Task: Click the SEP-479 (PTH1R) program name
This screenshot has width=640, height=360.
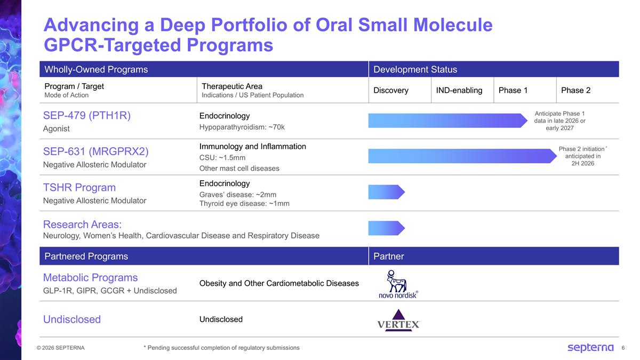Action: [87, 116]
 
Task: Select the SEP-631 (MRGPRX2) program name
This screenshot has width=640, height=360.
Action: [96, 151]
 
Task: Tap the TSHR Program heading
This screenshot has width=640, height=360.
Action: [79, 187]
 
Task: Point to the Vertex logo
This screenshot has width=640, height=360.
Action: [398, 319]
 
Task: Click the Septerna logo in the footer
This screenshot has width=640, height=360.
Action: [590, 348]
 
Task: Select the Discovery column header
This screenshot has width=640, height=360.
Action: [391, 90]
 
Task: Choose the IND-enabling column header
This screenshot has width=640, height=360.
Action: [459, 90]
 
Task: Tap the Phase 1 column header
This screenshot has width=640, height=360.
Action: [513, 90]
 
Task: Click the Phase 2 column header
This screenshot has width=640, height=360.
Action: [576, 90]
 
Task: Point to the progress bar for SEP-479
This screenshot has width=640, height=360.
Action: [447, 121]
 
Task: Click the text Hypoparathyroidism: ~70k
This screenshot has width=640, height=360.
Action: [242, 127]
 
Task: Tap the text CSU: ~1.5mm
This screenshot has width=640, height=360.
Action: [222, 157]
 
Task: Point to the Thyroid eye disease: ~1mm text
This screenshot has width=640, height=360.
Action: [244, 203]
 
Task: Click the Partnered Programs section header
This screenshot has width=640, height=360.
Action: [86, 257]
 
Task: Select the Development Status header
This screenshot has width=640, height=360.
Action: [415, 69]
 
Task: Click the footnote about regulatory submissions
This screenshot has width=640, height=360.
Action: [221, 348]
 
